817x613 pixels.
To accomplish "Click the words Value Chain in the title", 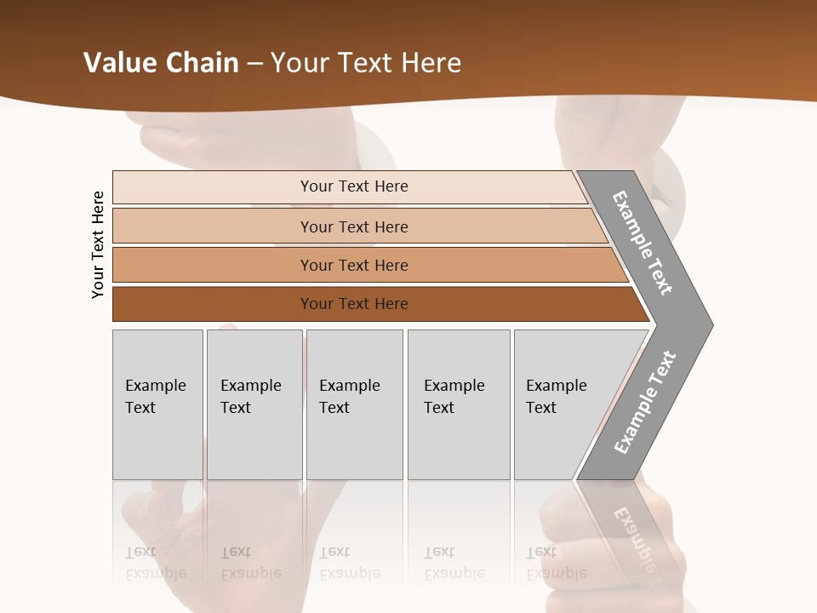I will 161,63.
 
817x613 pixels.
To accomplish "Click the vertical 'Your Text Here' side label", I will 98,245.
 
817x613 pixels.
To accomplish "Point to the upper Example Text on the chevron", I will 643,243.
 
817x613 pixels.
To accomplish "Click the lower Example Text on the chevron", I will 645,403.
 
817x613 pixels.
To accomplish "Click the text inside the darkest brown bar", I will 354,304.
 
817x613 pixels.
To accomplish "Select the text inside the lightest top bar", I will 354,186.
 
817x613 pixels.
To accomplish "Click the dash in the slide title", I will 254,64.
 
